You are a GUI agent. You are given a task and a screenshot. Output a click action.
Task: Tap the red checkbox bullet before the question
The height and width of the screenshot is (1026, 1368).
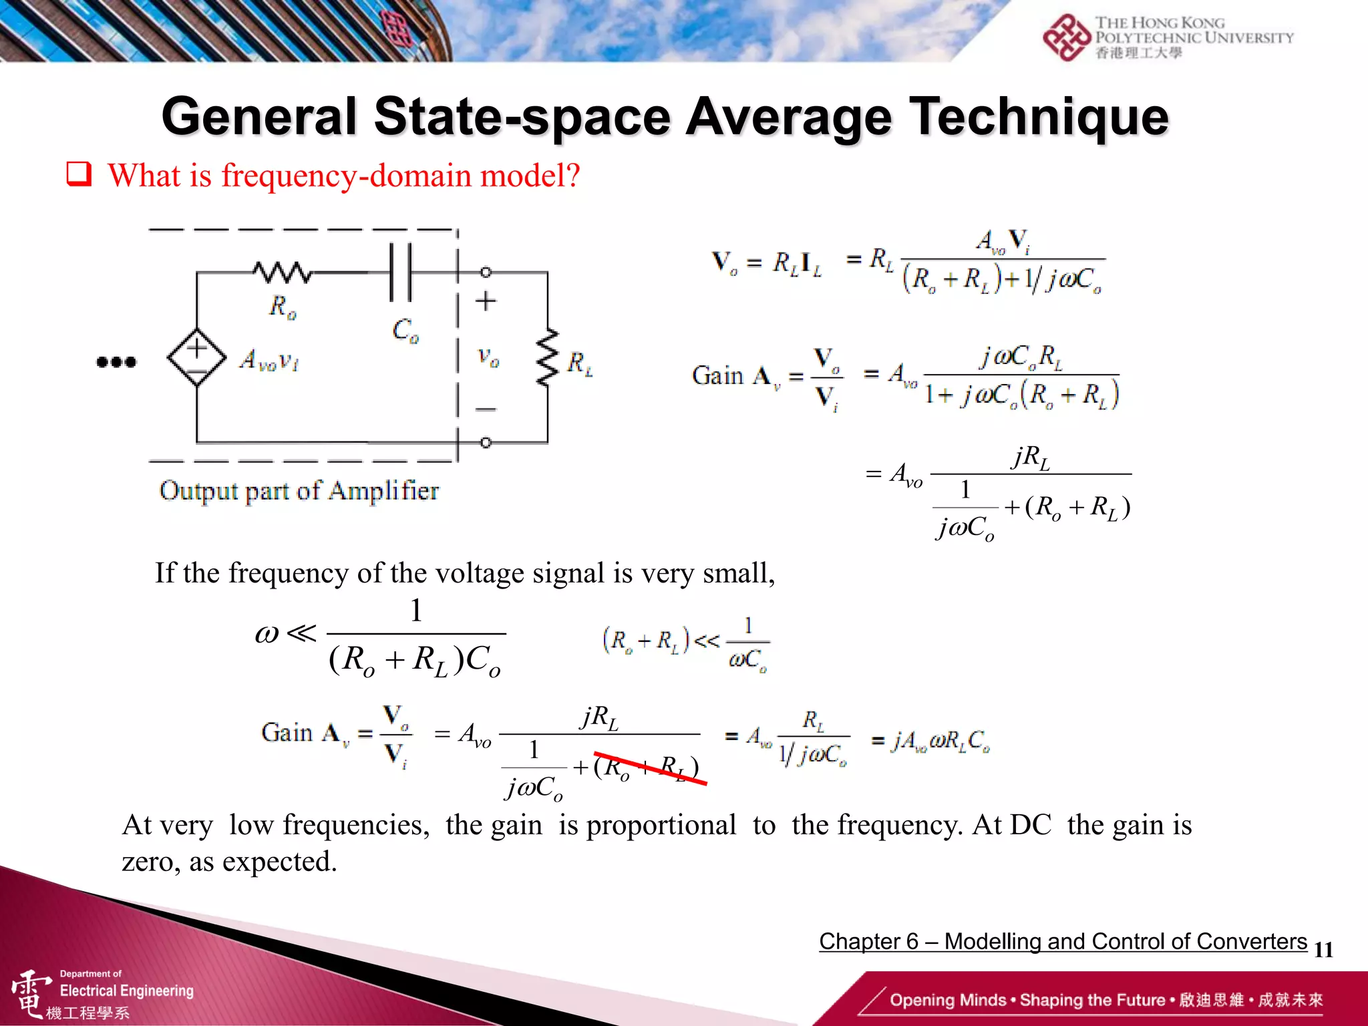79,174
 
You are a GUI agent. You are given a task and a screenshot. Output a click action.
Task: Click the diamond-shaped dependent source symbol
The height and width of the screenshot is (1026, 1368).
196,357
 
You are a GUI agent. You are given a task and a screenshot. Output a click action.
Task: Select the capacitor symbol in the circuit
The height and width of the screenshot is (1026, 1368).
401,273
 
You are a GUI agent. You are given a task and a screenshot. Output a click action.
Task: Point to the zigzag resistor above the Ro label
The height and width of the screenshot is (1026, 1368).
282,272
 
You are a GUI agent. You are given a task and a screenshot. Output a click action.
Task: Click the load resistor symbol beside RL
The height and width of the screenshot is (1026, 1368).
548,357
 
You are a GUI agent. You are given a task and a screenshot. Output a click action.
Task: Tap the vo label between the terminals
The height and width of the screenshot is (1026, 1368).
488,357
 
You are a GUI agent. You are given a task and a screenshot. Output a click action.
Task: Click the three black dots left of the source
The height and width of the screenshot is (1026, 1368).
116,362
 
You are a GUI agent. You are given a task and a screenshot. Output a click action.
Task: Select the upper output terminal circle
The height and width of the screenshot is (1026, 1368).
486,273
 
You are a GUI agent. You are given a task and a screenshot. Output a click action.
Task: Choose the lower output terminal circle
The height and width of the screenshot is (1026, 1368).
486,442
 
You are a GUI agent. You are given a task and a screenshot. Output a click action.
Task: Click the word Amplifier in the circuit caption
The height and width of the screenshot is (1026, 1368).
384,491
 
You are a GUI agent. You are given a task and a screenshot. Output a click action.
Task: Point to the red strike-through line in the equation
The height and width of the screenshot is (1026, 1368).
650,768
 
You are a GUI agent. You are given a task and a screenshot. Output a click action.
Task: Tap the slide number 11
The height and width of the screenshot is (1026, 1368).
1323,949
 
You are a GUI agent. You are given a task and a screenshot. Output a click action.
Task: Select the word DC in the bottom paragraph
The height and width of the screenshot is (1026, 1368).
1030,825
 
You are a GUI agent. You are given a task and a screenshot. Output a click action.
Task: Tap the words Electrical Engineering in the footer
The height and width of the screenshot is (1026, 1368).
127,991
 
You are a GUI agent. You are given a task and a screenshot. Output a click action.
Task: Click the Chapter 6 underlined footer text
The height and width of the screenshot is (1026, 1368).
1063,941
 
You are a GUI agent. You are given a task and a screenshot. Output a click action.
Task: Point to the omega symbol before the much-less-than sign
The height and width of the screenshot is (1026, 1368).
267,634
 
